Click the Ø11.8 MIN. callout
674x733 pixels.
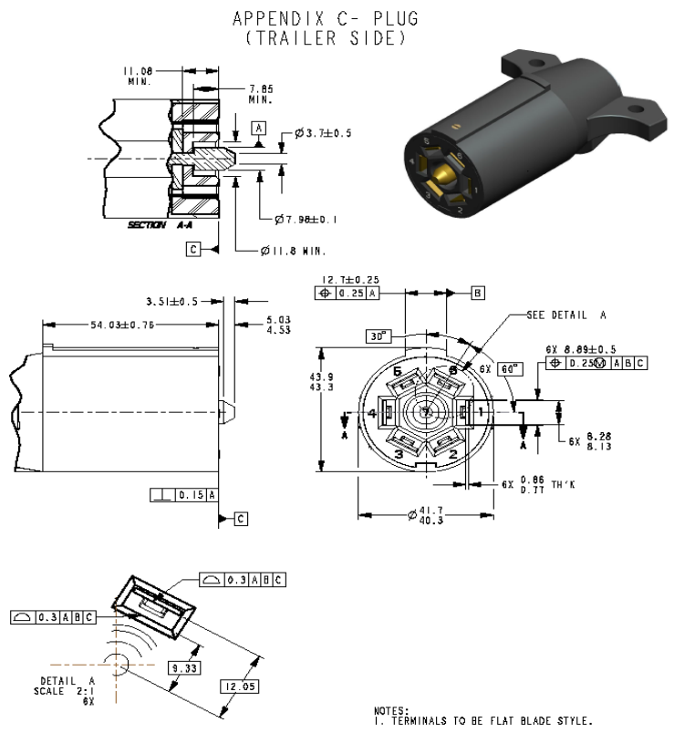point(288,250)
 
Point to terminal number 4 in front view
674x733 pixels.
point(373,413)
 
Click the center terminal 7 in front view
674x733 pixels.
point(425,412)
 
